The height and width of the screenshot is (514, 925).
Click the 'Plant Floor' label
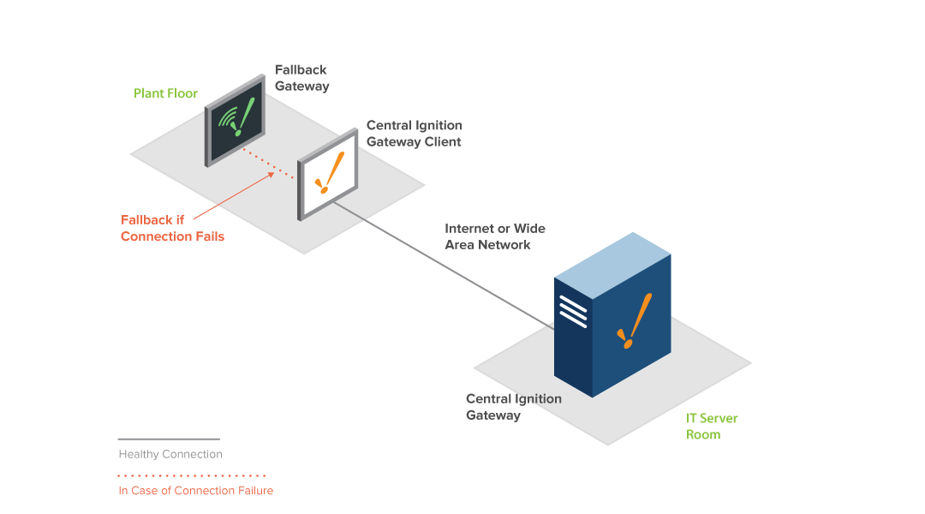pos(165,93)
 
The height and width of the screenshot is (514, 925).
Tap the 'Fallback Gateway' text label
pos(302,78)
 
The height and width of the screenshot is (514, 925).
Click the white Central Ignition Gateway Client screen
pos(329,175)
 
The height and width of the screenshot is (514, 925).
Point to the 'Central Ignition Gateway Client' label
pos(415,134)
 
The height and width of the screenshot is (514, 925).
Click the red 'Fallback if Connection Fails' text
pos(172,228)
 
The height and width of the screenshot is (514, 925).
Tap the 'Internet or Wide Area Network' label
pos(495,236)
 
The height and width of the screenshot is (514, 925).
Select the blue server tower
pos(612,314)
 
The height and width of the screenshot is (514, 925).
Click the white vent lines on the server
pos(573,311)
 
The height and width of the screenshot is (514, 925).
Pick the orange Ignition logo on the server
pos(635,321)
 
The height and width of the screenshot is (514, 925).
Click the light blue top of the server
pos(613,265)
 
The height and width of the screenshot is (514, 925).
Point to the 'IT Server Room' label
pos(712,426)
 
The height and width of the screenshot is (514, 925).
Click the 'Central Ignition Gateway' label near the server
pos(514,407)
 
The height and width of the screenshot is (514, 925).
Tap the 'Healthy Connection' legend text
pos(170,454)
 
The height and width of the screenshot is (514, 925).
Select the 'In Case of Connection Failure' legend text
pos(196,490)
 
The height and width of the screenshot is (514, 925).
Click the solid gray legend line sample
pos(169,439)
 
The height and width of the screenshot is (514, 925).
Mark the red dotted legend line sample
pos(192,475)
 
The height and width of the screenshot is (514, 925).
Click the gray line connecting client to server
pos(444,266)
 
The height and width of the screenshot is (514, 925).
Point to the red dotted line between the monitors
pos(268,164)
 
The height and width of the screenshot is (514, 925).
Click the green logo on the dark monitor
pos(236,117)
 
